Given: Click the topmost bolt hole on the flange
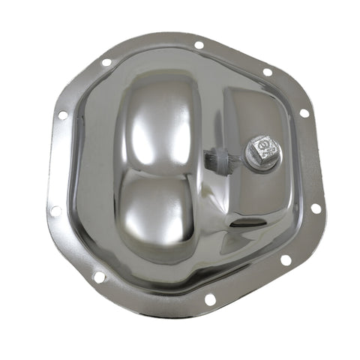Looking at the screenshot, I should pos(198,44).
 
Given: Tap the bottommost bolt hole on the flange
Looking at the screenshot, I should pos(210,299).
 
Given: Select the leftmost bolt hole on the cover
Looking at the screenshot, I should pos(54,211).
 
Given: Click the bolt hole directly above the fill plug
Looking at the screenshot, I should pos(268,72).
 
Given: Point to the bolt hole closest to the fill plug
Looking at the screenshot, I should pos(304,113).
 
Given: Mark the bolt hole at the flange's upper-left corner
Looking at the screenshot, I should pos(106,62).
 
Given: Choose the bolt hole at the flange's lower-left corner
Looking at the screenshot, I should pos(99,277).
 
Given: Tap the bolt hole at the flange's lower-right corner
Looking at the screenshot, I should pos(285,260).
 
